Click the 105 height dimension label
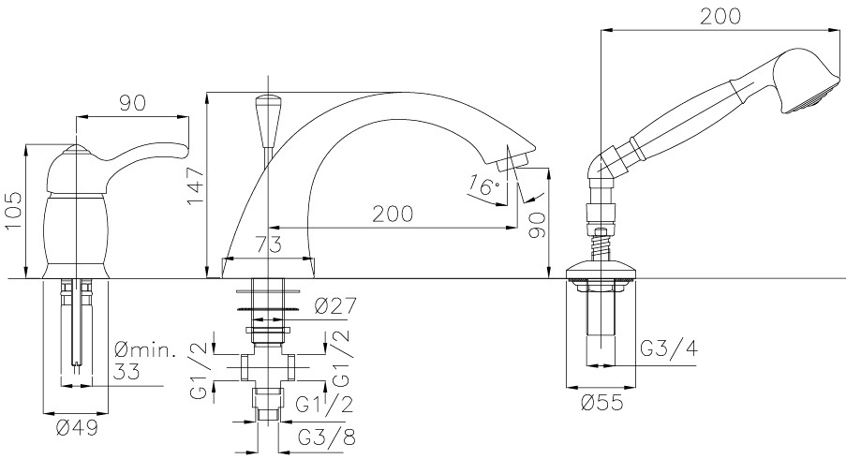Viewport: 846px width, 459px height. tap(14, 211)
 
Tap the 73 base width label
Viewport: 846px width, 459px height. tap(268, 244)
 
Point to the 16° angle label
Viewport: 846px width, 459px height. tap(484, 185)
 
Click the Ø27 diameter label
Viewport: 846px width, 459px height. tap(335, 306)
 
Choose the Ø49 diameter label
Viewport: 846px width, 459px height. tap(77, 428)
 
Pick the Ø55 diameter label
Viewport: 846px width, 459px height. tap(602, 403)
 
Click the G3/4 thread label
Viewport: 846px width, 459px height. tap(669, 348)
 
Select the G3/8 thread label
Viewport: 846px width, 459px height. tap(327, 437)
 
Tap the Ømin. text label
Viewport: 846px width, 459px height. tap(145, 352)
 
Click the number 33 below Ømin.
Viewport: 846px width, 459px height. tap(127, 372)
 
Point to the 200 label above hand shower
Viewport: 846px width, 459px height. tap(720, 17)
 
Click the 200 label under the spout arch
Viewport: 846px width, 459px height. tap(393, 215)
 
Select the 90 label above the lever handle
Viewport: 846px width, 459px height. tap(133, 104)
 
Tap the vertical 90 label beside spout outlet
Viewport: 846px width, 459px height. tap(537, 225)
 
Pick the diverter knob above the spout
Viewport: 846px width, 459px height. tap(268, 120)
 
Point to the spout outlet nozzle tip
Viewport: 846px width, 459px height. tap(514, 161)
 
